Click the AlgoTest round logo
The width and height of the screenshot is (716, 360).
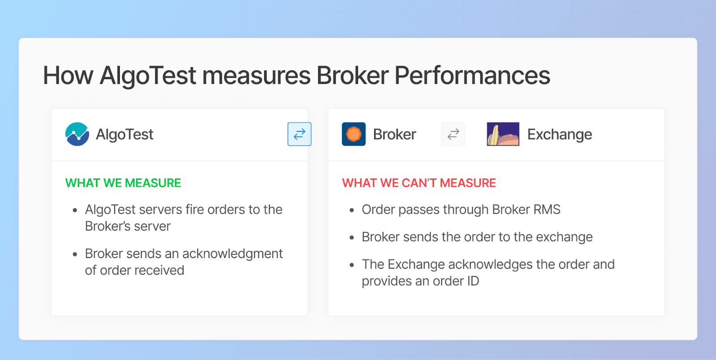pos(77,134)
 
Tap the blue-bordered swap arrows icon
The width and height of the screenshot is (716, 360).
pos(299,134)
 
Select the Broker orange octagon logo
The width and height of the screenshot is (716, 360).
pos(354,134)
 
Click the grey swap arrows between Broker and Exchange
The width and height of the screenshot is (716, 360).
pos(453,134)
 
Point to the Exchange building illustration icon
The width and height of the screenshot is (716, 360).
pos(503,134)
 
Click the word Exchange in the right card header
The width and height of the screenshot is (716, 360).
pos(559,134)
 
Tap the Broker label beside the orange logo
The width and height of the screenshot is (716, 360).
pos(394,134)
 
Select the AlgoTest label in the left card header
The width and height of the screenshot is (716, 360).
pos(125,135)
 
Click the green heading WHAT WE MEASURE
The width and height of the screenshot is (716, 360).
pos(123,183)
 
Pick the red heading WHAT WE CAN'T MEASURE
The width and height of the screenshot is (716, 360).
pos(419,183)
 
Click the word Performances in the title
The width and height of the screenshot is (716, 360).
pos(472,76)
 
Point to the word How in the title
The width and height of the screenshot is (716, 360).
pos(68,76)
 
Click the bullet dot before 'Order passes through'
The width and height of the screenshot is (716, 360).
pos(352,210)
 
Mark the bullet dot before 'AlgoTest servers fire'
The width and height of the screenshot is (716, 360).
pos(75,210)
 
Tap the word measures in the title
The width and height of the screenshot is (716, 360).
pos(256,76)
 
